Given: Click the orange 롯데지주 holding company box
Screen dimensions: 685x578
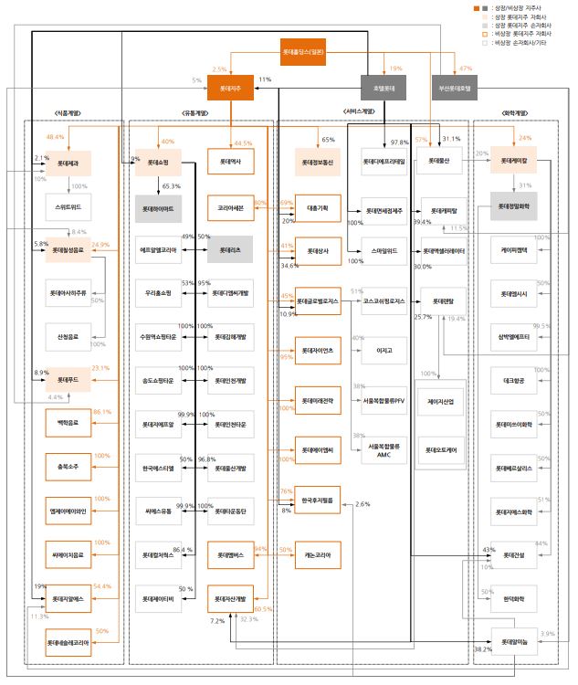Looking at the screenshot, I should click(230, 89).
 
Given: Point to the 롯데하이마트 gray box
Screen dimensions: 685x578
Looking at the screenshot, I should click(157, 208).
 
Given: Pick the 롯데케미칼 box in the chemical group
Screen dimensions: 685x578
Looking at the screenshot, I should click(514, 164).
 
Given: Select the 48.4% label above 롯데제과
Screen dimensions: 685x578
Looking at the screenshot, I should click(55, 136).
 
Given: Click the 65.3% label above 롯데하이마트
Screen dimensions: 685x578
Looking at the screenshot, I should click(171, 186).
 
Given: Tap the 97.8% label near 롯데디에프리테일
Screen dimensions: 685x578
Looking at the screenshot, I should click(399, 142).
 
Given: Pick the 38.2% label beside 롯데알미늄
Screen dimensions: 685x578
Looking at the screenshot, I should click(482, 649).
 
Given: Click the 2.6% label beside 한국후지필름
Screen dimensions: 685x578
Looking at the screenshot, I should click(363, 504).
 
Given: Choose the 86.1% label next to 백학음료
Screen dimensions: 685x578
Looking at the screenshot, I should click(101, 412).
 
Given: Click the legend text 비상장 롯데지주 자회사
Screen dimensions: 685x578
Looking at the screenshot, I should click(524, 35).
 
